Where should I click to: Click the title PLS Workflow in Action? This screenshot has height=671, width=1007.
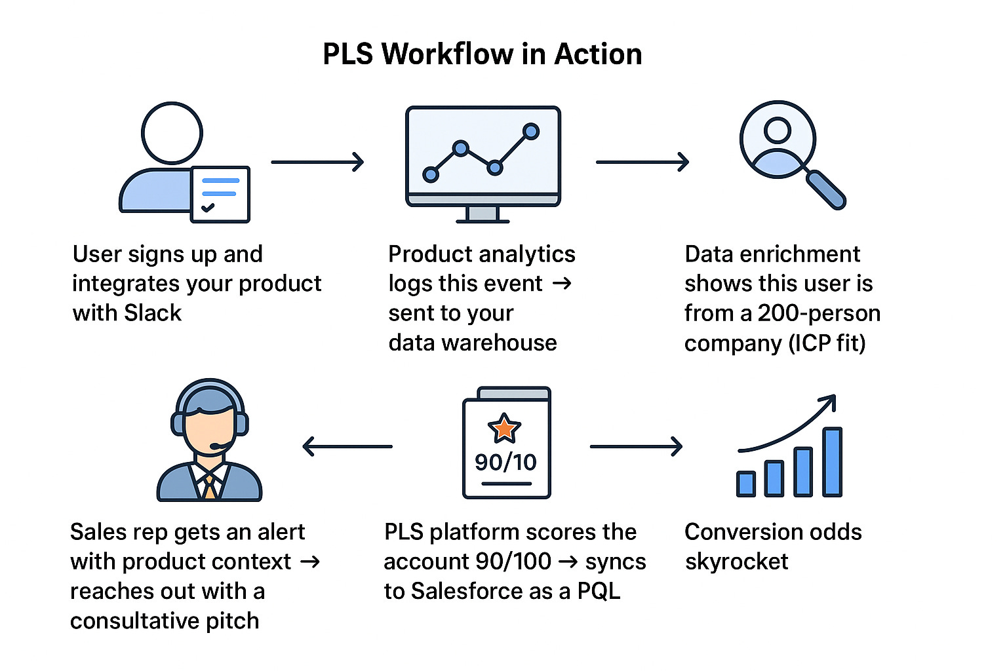[483, 54]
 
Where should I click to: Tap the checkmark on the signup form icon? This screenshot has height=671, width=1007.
[208, 208]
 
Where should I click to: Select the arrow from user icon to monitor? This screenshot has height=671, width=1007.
[317, 162]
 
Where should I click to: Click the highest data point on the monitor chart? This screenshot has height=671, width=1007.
[531, 132]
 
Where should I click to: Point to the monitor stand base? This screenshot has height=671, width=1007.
[483, 220]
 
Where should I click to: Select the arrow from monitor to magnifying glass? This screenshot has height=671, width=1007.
[642, 162]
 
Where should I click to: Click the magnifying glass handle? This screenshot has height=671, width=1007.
[825, 189]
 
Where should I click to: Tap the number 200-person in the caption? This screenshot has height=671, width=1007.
[819, 313]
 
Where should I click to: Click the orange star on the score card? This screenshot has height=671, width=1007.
[504, 429]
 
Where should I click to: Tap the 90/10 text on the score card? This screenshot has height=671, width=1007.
[505, 463]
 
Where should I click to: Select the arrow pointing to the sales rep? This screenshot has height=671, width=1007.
[347, 447]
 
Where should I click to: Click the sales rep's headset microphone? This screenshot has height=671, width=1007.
[215, 447]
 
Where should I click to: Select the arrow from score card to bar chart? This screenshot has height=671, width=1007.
[636, 447]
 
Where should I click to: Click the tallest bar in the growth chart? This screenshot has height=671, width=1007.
[832, 462]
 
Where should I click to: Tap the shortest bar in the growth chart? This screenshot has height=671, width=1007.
[746, 484]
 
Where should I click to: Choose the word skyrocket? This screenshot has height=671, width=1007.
[736, 562]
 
